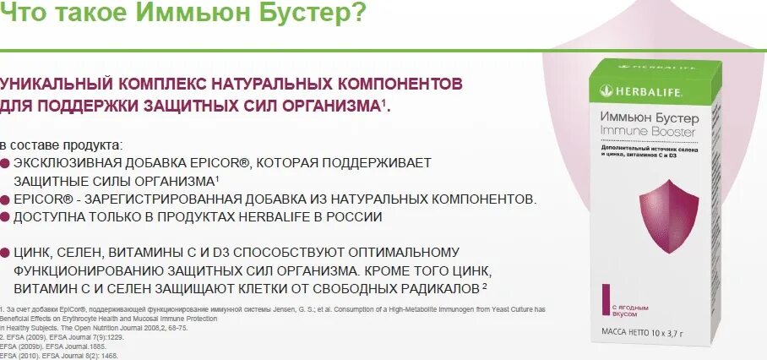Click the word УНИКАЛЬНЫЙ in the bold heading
click(58, 85)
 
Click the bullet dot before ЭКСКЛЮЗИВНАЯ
click(6, 163)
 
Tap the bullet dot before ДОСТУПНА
click(6, 217)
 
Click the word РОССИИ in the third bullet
click(354, 217)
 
